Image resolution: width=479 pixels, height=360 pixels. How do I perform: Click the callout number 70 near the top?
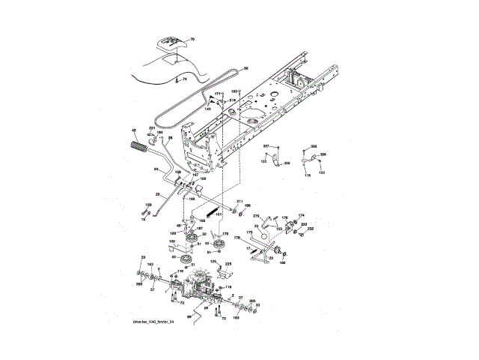pyautogui.click(x=190, y=37)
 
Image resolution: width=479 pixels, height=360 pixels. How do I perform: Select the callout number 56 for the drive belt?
pyautogui.click(x=246, y=70)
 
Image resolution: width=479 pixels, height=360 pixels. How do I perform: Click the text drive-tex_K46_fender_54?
pyautogui.click(x=153, y=322)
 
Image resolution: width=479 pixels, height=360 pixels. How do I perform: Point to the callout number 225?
pyautogui.click(x=228, y=264)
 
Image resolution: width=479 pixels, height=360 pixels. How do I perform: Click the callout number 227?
pyautogui.click(x=266, y=145)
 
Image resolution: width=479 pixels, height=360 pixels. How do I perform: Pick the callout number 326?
pyautogui.click(x=323, y=154)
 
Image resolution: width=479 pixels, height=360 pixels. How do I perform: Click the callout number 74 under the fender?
pyautogui.click(x=184, y=78)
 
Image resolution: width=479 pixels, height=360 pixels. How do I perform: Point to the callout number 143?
pyautogui.click(x=207, y=109)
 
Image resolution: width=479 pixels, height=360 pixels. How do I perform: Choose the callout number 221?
pyautogui.click(x=152, y=129)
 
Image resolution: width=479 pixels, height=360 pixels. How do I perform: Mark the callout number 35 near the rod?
pyautogui.click(x=169, y=138)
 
